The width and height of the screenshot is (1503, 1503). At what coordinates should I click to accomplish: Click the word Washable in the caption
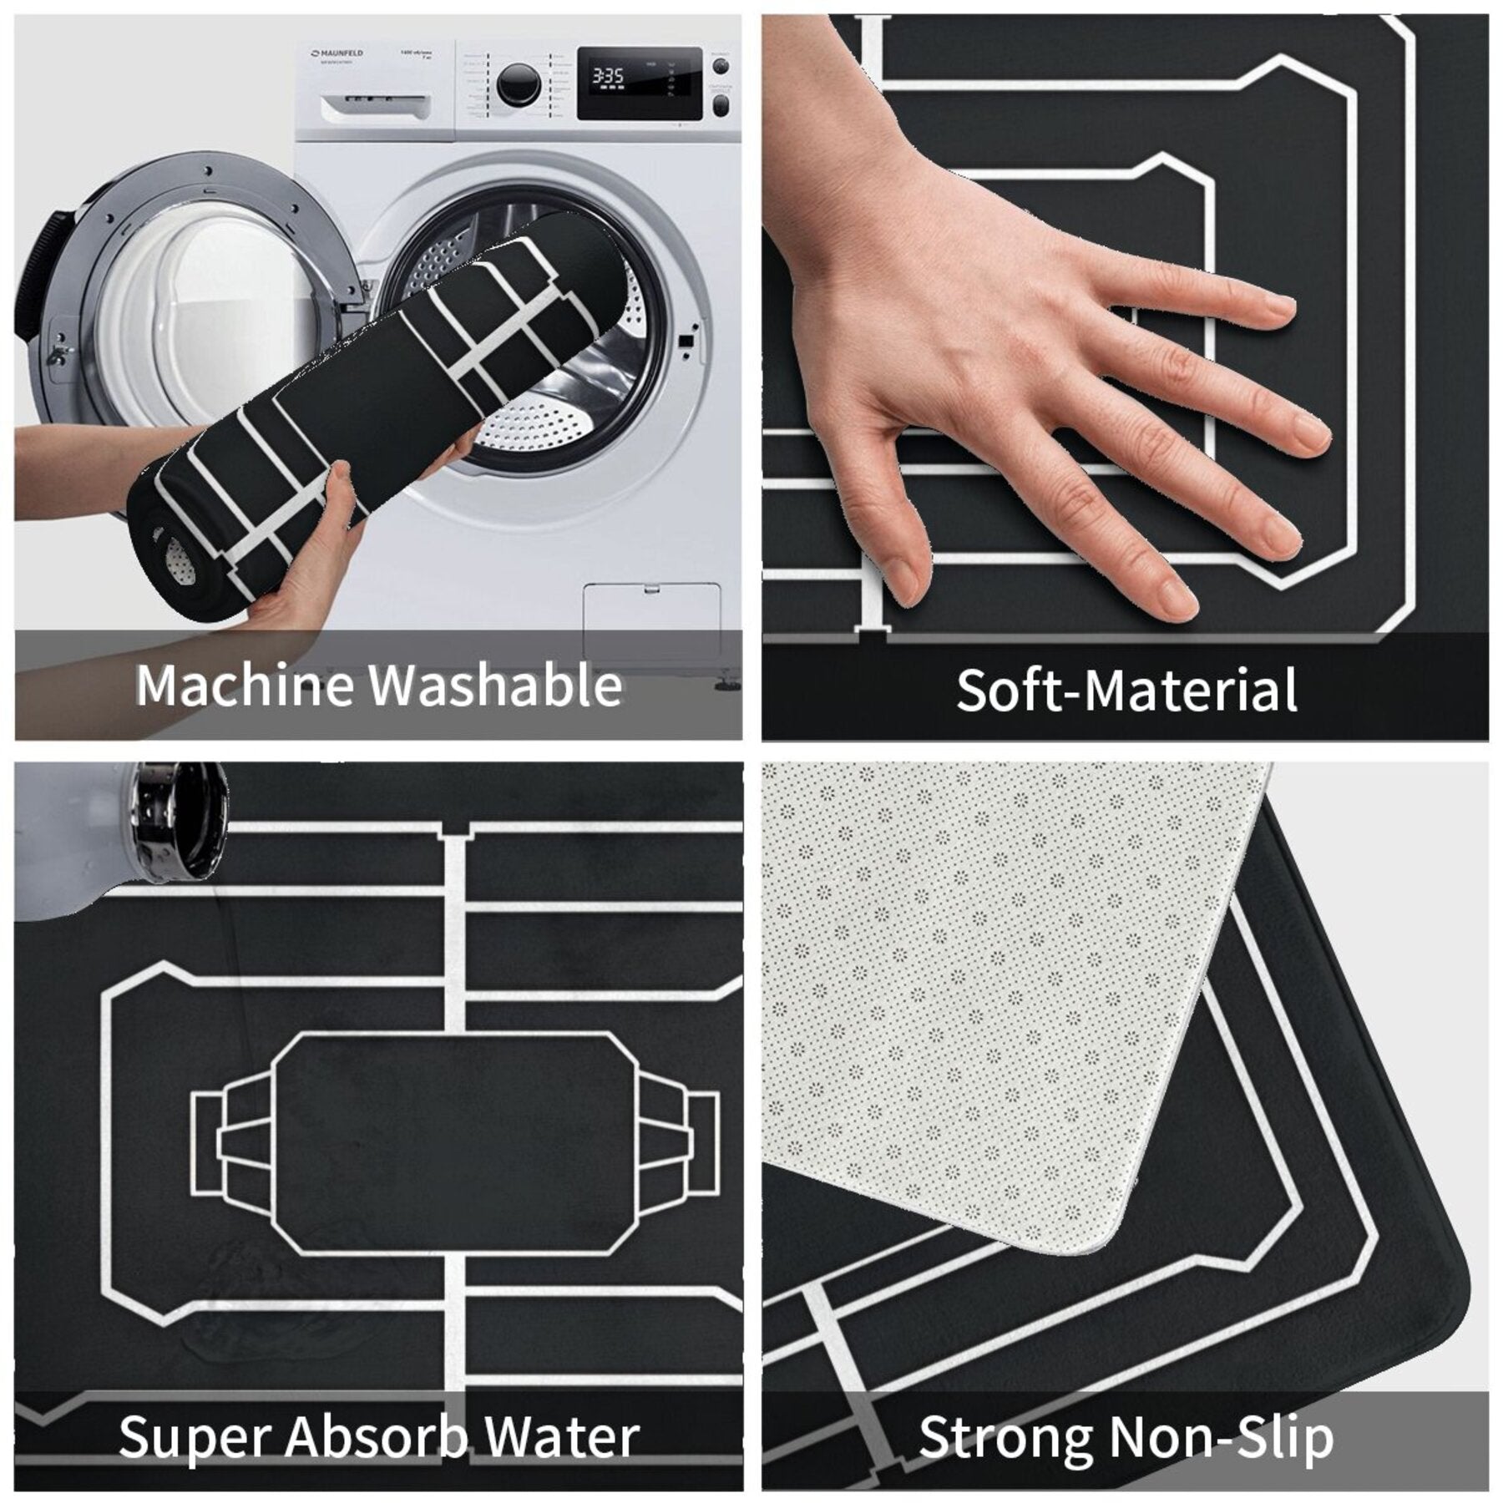pyautogui.click(x=496, y=685)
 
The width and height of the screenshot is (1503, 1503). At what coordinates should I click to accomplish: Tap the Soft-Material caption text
pyautogui.click(x=1126, y=690)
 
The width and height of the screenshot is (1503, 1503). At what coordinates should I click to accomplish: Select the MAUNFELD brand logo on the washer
pyautogui.click(x=338, y=53)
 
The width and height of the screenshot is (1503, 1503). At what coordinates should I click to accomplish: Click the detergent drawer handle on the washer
pyautogui.click(x=376, y=104)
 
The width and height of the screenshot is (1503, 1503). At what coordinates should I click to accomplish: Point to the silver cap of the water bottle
pyautogui.click(x=180, y=822)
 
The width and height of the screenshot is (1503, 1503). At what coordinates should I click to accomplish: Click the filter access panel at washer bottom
pyautogui.click(x=651, y=622)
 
